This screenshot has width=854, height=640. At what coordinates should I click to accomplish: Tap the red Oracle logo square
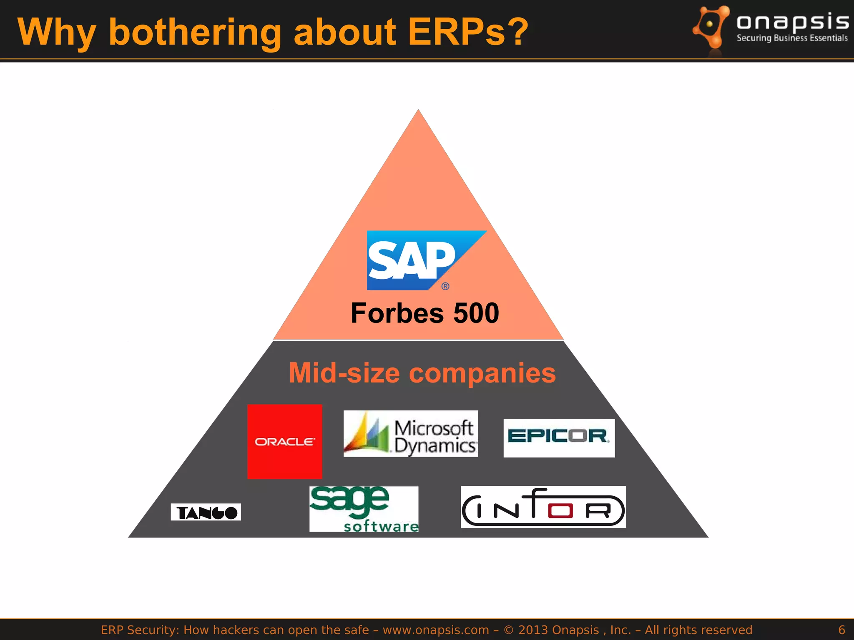click(x=285, y=442)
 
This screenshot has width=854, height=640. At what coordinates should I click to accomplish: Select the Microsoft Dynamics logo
click(x=411, y=434)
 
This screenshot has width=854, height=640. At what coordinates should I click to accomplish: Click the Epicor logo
click(x=559, y=438)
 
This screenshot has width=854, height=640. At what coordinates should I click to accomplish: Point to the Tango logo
click(x=206, y=512)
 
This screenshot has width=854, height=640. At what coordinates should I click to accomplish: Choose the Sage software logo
click(x=364, y=509)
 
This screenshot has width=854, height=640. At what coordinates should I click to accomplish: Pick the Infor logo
click(x=543, y=507)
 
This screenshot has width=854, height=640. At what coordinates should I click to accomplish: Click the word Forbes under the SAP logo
click(x=397, y=313)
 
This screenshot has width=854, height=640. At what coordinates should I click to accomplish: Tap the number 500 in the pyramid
click(x=476, y=313)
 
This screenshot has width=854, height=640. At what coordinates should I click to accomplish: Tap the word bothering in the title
click(x=195, y=32)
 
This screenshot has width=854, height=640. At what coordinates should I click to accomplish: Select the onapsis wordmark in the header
click(x=792, y=22)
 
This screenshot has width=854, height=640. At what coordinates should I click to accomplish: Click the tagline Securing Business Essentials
click(x=792, y=38)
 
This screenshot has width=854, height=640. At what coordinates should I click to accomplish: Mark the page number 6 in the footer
click(x=841, y=630)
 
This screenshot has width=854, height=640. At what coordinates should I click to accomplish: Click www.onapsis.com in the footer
click(x=436, y=630)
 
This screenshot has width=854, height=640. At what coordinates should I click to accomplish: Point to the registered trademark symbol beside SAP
click(x=445, y=286)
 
